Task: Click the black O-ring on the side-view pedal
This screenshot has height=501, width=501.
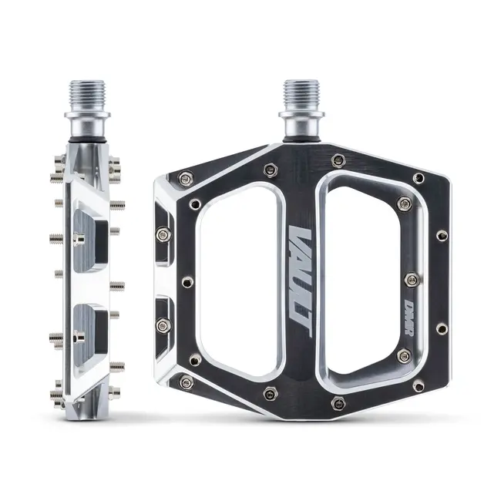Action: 86,141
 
